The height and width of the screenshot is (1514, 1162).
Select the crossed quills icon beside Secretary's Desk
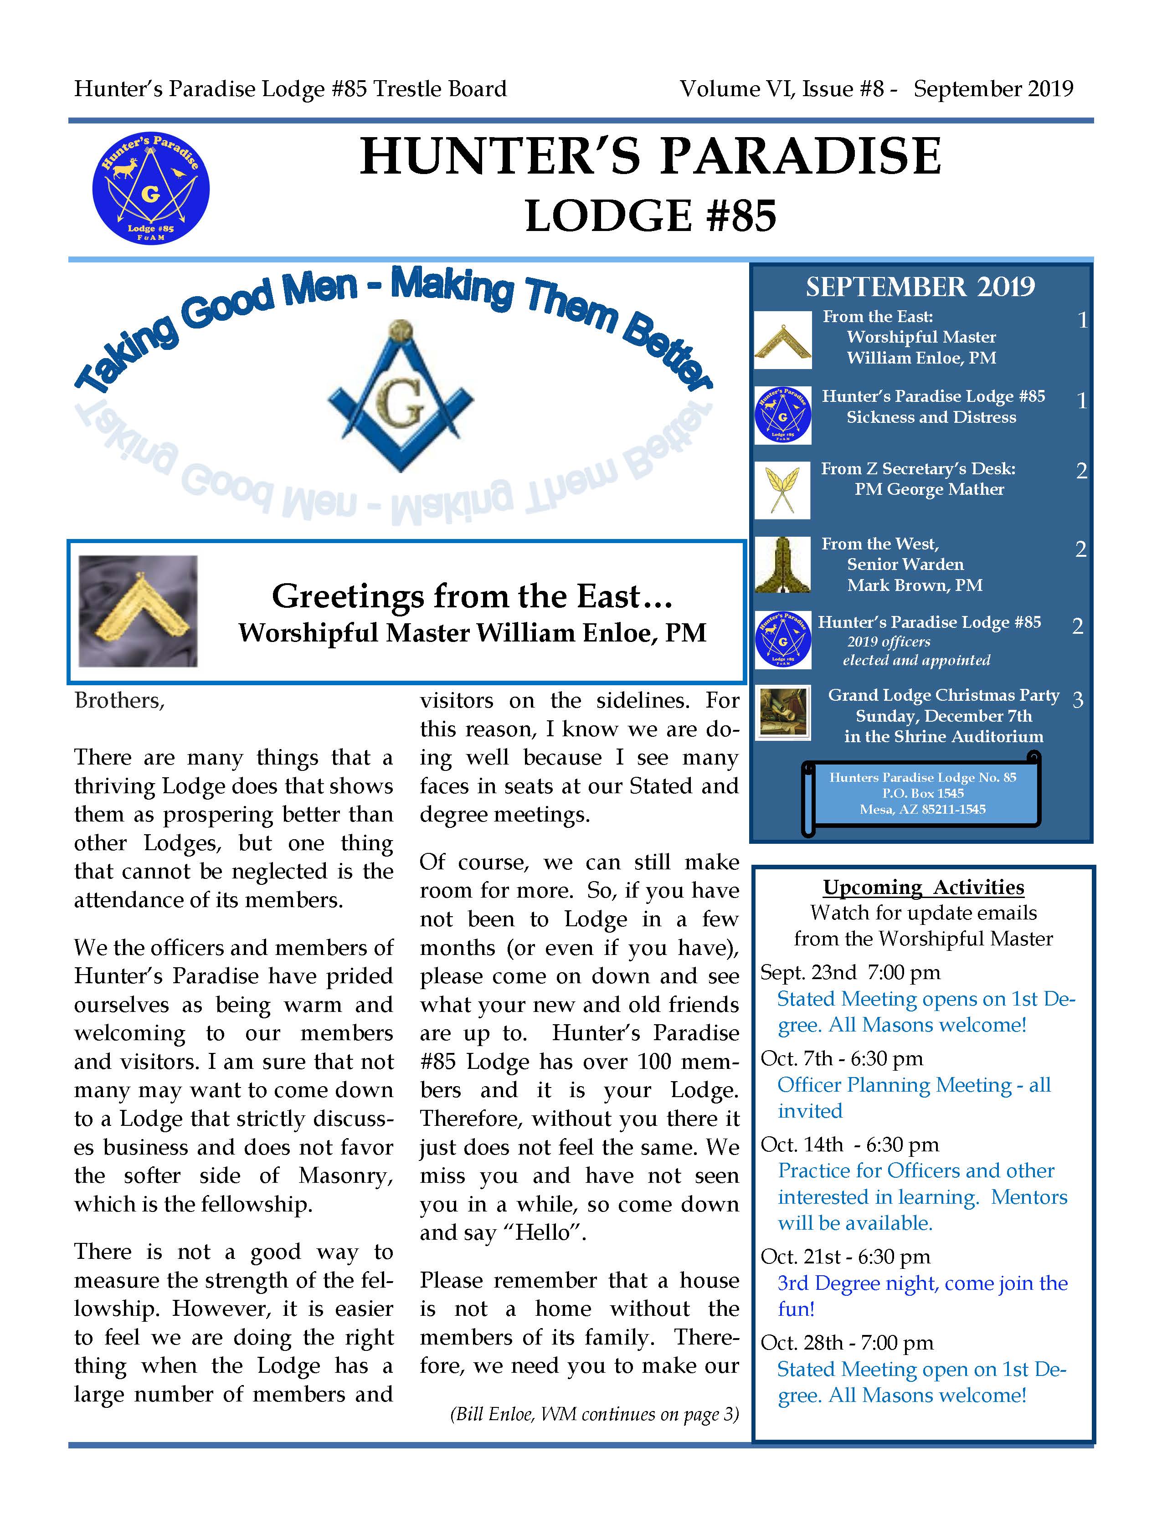coord(782,490)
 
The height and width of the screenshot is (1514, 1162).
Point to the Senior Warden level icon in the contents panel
coord(782,565)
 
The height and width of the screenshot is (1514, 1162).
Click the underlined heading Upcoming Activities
coord(923,888)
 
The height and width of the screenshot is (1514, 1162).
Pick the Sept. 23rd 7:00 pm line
coord(850,972)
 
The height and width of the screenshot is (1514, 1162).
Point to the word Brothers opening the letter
coord(119,701)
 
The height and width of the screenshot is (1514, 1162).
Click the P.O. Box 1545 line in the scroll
coord(923,793)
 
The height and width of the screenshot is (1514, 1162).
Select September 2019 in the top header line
coord(993,89)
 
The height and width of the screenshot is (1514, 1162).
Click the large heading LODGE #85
coord(650,216)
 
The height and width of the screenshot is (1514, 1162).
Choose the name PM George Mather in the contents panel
coord(929,490)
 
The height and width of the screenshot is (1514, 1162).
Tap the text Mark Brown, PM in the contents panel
coord(915,585)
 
